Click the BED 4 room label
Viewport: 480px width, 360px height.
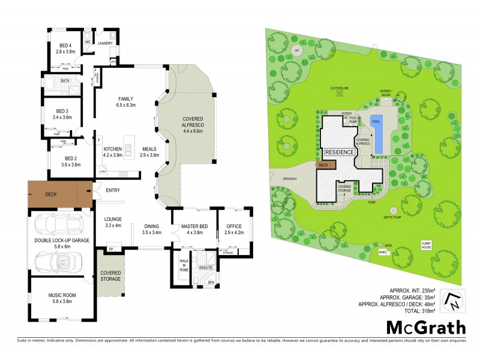coord(65,46)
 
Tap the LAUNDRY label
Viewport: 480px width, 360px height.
coord(106,43)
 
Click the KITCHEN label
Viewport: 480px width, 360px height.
coord(113,149)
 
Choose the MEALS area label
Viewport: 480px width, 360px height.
coord(149,149)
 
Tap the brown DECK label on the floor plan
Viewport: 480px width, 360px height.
coord(52,194)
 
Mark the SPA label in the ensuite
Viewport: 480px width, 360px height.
coord(211,281)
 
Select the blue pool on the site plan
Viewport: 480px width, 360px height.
coord(377,133)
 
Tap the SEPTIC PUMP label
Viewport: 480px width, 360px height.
coord(394,218)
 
